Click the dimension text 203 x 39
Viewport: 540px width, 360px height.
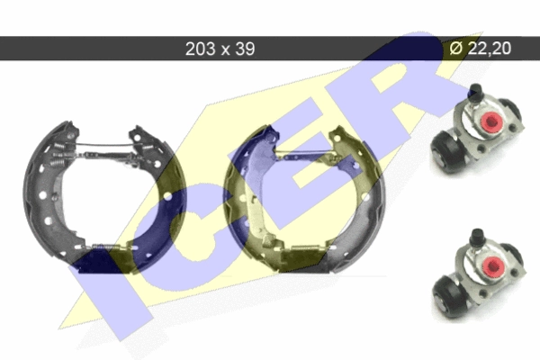220,49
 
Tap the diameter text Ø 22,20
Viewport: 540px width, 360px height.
481,48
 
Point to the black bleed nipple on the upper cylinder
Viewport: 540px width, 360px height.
475,93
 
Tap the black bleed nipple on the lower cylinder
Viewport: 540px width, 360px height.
477,237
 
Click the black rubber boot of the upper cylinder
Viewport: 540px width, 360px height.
447,152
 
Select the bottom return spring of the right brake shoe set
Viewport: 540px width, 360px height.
303,247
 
